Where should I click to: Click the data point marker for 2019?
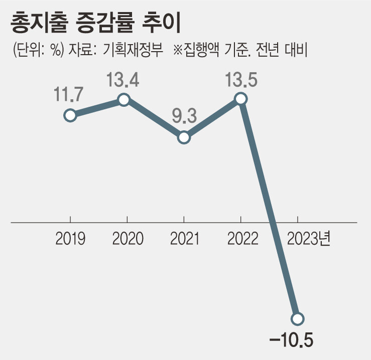coord(70,115)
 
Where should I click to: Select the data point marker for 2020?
coord(124,100)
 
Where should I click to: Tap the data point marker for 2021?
coord(184,137)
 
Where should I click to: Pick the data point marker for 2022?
coord(241,99)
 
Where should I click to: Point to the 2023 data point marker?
coord(298,318)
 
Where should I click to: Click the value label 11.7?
coord(70,95)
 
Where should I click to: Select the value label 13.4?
coord(123,79)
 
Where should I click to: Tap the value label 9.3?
coord(184,116)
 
